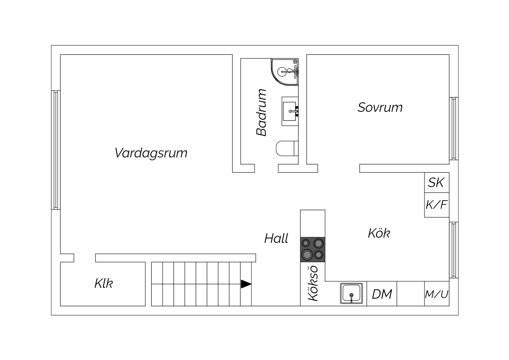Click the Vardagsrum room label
(151, 153)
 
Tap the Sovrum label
(380, 107)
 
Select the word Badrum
(261, 113)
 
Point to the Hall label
(276, 238)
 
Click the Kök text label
(379, 233)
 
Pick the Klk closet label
(104, 283)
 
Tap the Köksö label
(313, 283)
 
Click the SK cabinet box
(437, 182)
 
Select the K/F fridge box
(437, 205)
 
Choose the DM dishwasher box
(382, 294)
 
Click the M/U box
(437, 294)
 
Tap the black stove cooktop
(313, 250)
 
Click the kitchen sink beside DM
(351, 293)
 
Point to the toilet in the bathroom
(287, 148)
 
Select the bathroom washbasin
(290, 111)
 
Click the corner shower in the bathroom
(284, 72)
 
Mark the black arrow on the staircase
(246, 284)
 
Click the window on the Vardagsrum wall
(56, 150)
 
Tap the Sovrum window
(454, 128)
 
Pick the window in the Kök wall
(454, 250)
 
